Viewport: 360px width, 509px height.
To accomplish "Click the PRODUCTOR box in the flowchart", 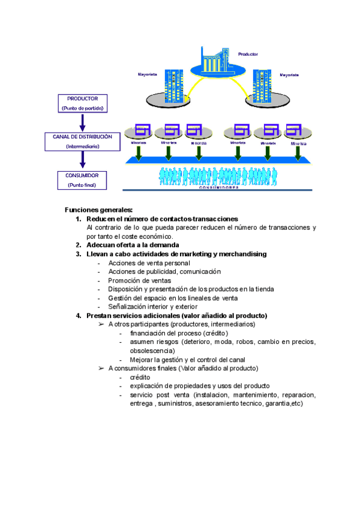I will [83, 103].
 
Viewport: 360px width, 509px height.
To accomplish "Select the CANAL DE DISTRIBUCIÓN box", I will [83, 141].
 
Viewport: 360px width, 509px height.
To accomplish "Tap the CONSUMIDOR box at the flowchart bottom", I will [83, 180].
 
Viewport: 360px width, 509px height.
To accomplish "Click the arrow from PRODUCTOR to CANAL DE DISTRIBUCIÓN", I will [83, 122].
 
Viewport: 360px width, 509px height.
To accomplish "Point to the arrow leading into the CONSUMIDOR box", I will [83, 160].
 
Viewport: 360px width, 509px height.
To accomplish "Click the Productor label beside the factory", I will [248, 54].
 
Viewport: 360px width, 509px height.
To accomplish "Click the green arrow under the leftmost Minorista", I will [138, 153].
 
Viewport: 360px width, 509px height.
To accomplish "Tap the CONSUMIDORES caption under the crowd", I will [218, 188].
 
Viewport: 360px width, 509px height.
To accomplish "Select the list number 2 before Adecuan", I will [78, 245].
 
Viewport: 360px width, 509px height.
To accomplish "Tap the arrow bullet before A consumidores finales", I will [101, 369].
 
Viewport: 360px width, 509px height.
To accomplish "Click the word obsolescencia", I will [152, 351].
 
